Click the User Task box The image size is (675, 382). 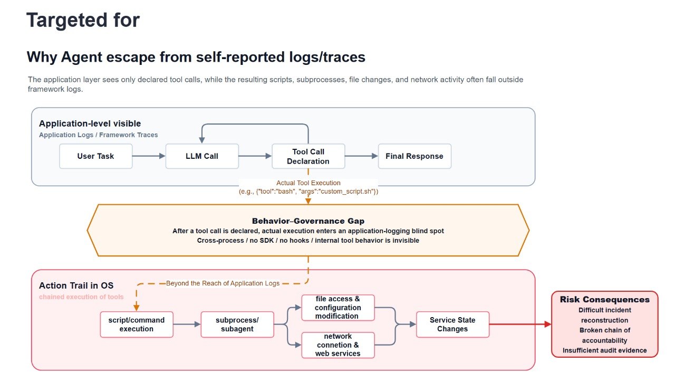(x=96, y=156)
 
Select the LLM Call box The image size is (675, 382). (x=202, y=156)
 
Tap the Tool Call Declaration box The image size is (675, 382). (x=308, y=156)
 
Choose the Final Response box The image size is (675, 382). (x=414, y=156)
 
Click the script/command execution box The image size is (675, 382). (x=137, y=324)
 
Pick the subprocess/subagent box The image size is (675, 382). (x=237, y=324)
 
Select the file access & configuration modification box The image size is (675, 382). (x=338, y=308)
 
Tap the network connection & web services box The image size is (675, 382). (x=338, y=345)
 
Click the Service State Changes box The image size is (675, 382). (x=452, y=324)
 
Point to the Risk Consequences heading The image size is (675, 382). (x=604, y=299)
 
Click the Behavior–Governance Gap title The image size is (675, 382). (x=308, y=221)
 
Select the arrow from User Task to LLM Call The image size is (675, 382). (x=149, y=156)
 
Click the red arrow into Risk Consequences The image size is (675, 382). (x=520, y=324)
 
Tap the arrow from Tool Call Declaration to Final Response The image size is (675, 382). (x=361, y=156)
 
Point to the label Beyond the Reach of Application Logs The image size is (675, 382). (x=223, y=283)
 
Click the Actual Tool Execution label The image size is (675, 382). (x=308, y=183)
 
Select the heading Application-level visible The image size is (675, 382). (x=90, y=123)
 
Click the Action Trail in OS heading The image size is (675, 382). (x=76, y=285)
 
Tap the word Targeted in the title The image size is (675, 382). (x=67, y=21)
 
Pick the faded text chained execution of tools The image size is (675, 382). (x=81, y=297)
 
